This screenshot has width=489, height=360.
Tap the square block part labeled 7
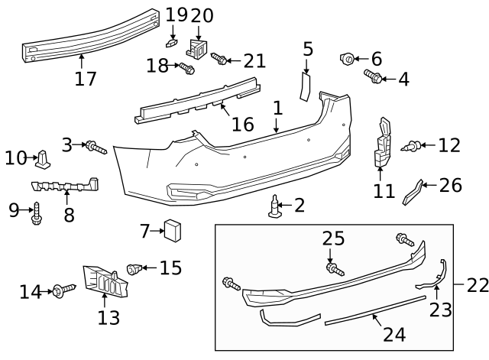coord(173,229)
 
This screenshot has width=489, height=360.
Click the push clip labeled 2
coord(275,206)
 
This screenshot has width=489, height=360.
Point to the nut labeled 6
coord(347,58)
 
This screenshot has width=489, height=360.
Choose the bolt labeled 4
coord(374,76)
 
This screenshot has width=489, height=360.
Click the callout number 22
coord(477,285)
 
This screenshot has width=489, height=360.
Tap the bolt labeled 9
coord(36,215)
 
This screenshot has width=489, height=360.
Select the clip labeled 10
coord(44,158)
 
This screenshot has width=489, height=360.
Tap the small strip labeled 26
coord(412,192)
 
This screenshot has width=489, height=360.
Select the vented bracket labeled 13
coord(105,283)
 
